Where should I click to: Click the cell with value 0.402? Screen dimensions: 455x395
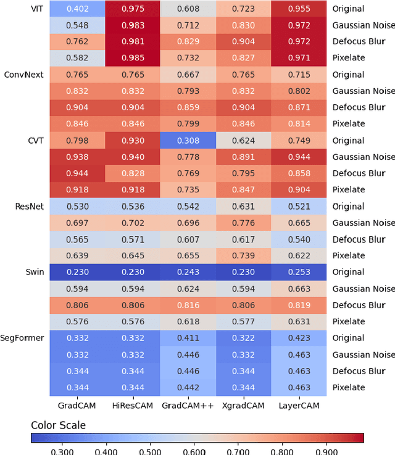[x=77, y=9]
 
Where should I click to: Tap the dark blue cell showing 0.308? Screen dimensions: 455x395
[x=188, y=141]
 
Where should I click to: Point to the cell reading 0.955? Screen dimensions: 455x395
[x=298, y=9]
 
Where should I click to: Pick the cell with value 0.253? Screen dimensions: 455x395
[x=298, y=273]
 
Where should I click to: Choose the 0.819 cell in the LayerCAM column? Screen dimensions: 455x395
[x=298, y=305]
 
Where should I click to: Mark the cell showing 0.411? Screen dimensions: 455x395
[x=188, y=338]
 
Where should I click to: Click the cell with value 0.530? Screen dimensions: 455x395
[x=77, y=207]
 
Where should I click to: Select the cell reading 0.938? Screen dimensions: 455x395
[x=77, y=157]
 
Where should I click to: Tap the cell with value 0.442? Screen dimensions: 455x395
[x=188, y=387]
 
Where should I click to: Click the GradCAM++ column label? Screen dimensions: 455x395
[x=188, y=406]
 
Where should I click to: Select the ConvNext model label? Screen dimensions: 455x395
[x=23, y=75]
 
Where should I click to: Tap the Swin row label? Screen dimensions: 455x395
[x=35, y=273]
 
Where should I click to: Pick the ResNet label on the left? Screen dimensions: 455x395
[x=30, y=207]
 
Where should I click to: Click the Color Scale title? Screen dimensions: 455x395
[x=59, y=425]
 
